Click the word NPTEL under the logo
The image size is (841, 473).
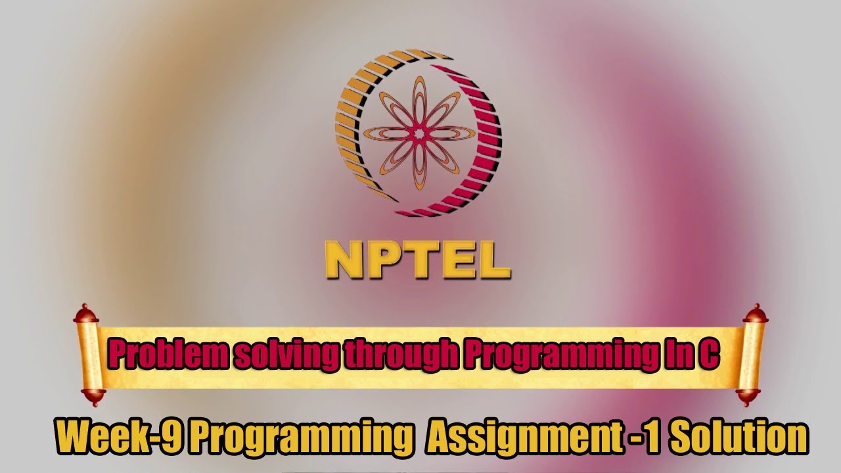(x=418, y=261)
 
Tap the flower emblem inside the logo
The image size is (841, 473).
(x=419, y=133)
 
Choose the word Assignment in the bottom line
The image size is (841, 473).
(x=523, y=436)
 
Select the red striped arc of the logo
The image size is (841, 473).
(x=483, y=158)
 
